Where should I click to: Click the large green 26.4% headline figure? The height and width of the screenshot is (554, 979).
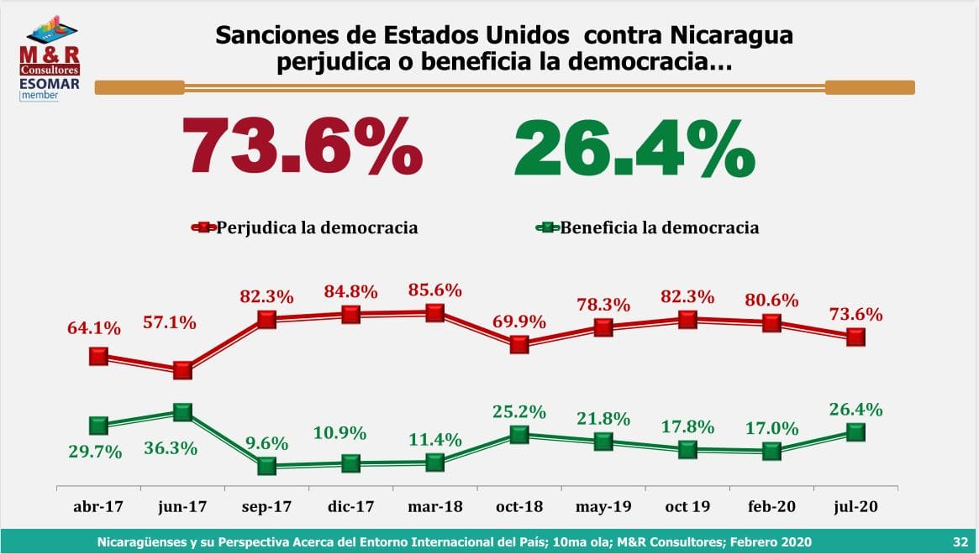(634, 147)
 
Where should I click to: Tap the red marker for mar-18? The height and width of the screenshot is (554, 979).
(434, 312)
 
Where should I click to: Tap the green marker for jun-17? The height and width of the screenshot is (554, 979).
(182, 411)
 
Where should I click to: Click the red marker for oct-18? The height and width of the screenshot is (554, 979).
(519, 344)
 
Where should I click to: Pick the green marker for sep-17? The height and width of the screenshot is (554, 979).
(266, 465)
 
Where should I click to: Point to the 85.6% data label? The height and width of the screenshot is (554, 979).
(434, 290)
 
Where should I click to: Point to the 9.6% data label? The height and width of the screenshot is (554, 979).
(267, 443)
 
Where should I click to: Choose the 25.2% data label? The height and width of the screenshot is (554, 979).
(519, 412)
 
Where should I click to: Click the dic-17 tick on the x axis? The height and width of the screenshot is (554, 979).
(350, 508)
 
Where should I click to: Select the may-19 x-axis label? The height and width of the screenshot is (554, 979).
(603, 508)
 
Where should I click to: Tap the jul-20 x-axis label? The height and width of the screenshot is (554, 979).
(855, 508)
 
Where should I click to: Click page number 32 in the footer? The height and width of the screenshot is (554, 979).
(960, 541)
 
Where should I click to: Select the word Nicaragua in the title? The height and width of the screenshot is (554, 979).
(732, 36)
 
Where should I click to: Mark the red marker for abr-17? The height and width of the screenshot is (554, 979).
(98, 356)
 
